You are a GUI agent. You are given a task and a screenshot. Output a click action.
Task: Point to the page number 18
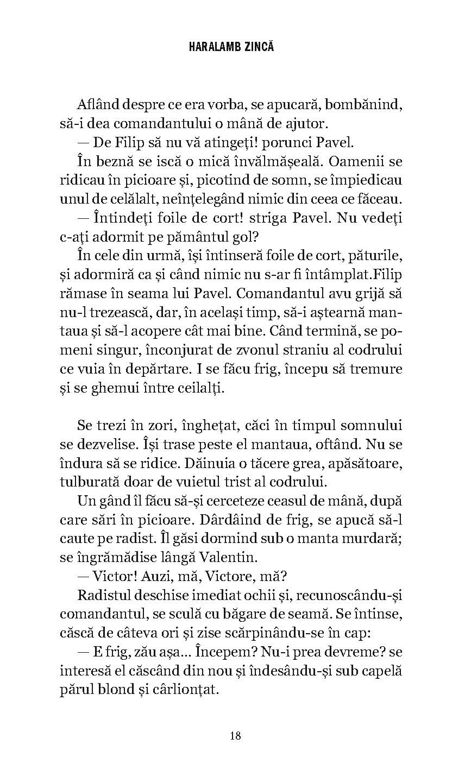coord(235,736)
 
